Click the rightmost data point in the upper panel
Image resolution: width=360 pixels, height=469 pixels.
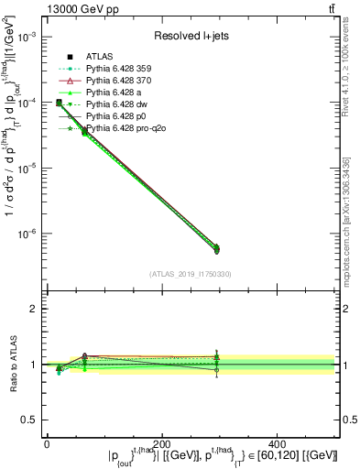267,248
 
